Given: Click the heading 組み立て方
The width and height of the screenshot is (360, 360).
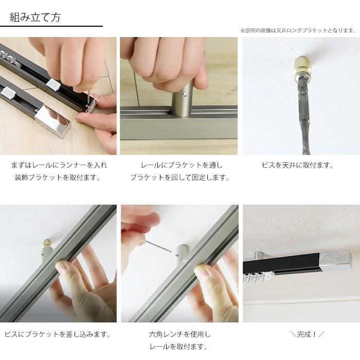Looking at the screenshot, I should (x=35, y=17).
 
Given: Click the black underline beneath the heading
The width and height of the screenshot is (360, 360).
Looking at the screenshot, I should (x=51, y=26).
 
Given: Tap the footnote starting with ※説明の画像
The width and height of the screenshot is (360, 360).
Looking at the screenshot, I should (x=298, y=30).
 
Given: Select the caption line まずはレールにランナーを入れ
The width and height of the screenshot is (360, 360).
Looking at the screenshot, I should (x=59, y=166).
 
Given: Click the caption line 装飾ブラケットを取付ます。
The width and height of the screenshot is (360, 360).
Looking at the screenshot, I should (x=58, y=178).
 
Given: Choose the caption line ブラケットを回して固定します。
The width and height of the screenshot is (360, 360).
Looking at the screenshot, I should (x=179, y=178).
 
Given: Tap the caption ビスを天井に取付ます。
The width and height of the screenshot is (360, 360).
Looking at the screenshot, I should (x=298, y=166).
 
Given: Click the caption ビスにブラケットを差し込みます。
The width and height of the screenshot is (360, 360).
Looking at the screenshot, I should (x=58, y=334).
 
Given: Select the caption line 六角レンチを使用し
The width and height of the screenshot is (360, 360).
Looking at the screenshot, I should (x=179, y=334).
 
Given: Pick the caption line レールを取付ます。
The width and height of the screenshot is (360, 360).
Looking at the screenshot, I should (x=179, y=347).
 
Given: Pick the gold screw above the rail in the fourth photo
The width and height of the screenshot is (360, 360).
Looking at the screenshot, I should (x=47, y=243).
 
